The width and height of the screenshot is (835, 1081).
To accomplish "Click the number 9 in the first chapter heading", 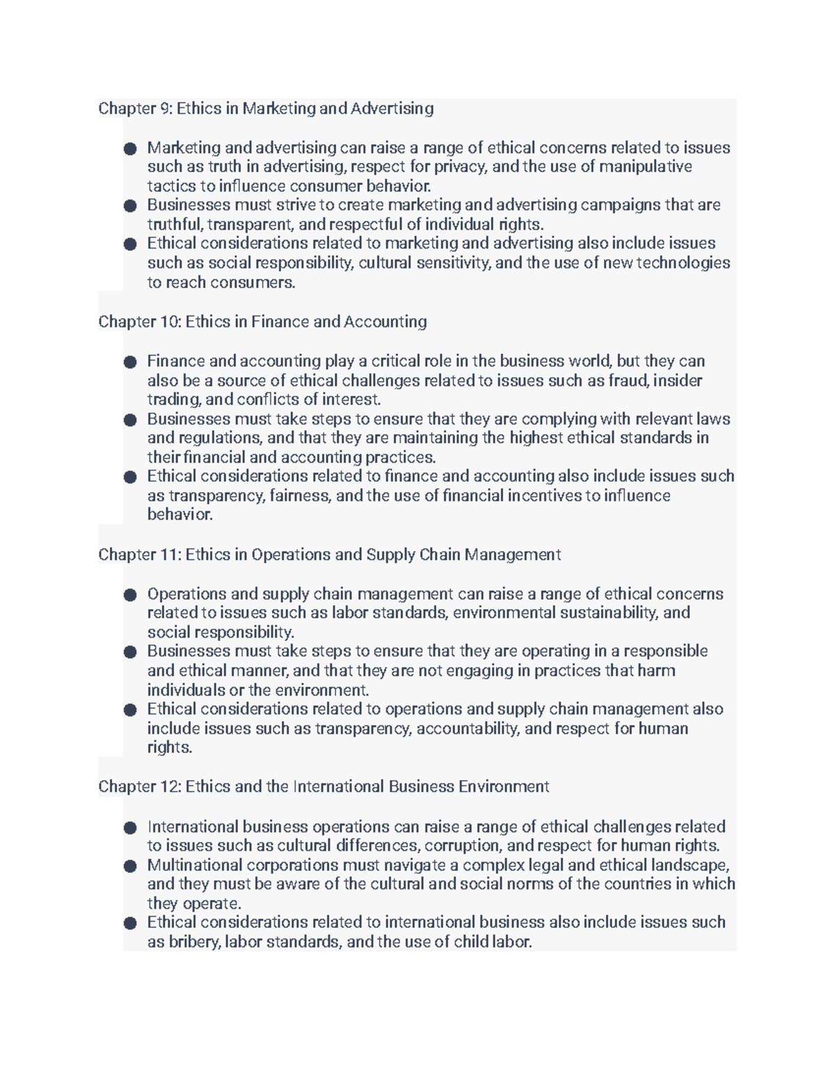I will pyautogui.click(x=166, y=109).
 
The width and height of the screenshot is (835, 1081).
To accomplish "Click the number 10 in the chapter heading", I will pyautogui.click(x=170, y=322).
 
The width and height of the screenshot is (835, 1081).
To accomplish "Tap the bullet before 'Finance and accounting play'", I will pyautogui.click(x=129, y=362).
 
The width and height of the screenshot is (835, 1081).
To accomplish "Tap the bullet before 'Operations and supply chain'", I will pyautogui.click(x=129, y=594).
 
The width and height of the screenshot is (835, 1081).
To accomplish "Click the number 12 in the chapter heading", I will pyautogui.click(x=170, y=787).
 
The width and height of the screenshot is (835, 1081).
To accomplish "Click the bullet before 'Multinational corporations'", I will pyautogui.click(x=129, y=866).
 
